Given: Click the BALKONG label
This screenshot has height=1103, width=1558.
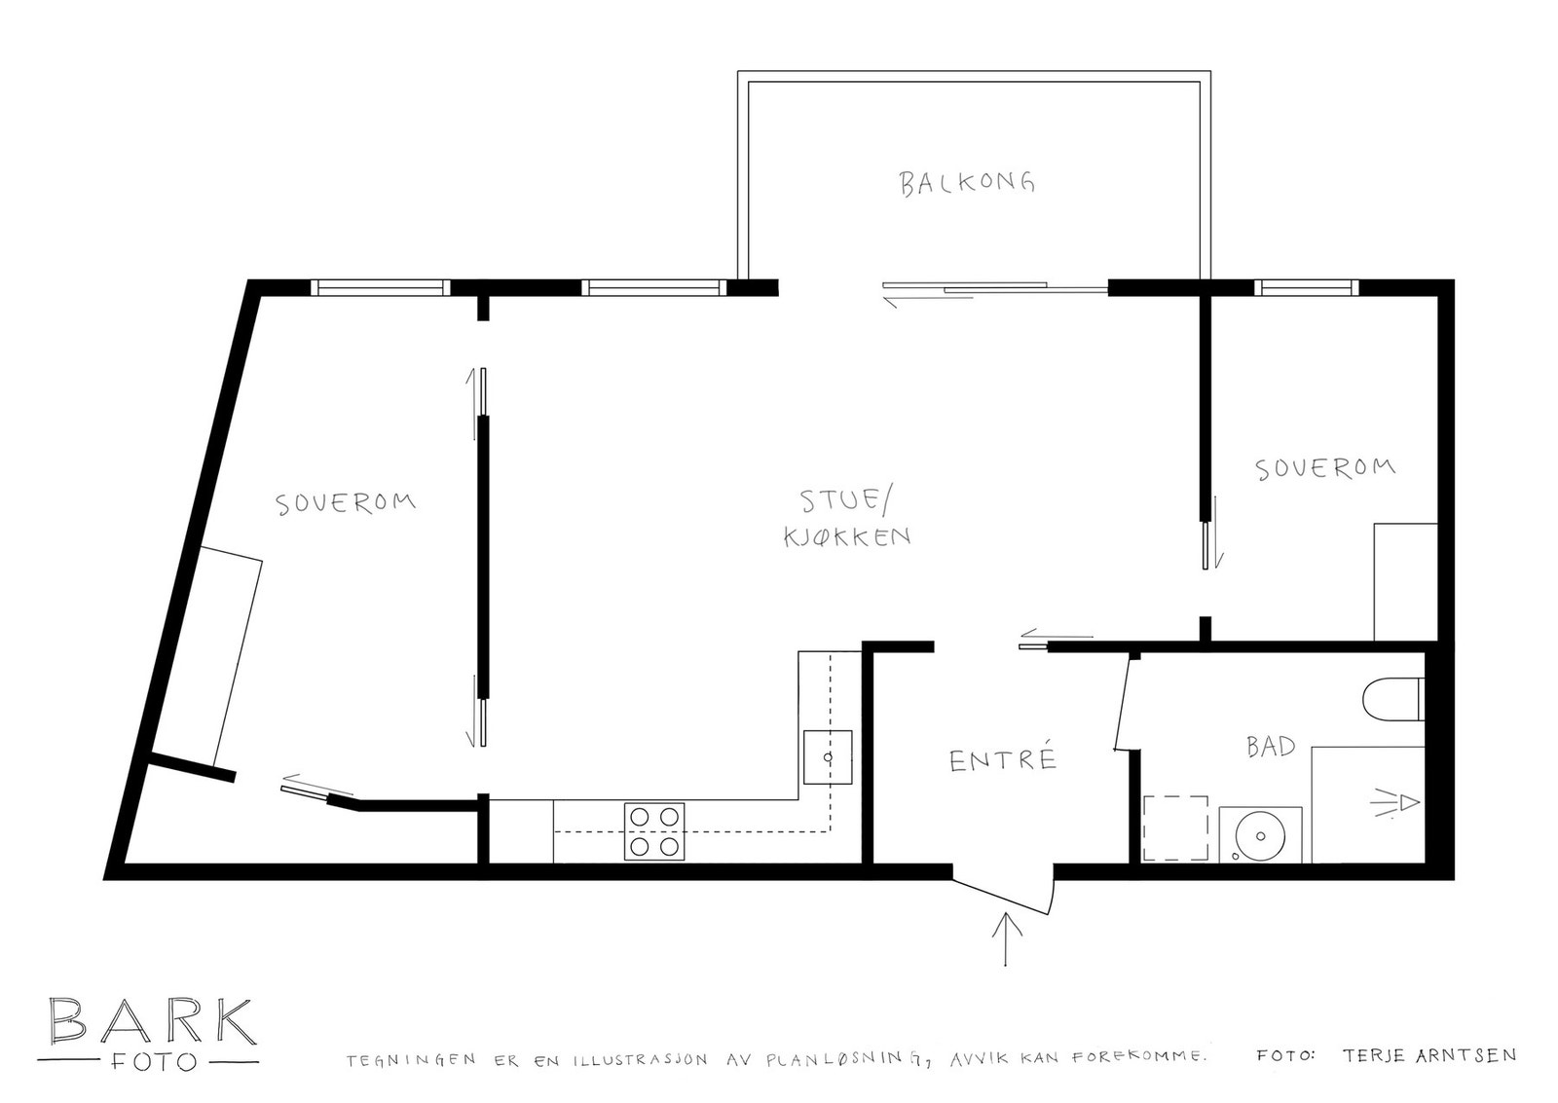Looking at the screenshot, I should coord(966,182).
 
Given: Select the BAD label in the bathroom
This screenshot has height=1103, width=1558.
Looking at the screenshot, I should coord(1271,747).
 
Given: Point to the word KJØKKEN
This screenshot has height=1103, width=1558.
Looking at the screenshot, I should coord(847,536).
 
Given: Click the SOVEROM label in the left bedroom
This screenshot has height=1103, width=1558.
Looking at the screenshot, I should coord(346,503).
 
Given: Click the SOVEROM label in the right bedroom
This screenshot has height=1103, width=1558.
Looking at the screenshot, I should coord(1324,468).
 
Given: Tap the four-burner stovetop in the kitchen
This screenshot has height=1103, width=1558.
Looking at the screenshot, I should coord(654,831).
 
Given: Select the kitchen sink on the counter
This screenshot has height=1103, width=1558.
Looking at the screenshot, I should coord(828,757).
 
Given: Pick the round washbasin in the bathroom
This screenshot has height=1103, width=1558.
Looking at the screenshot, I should coord(1261,835).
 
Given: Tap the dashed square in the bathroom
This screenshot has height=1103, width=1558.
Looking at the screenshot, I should coord(1174,827).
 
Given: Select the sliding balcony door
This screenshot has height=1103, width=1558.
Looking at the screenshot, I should coord(993,288).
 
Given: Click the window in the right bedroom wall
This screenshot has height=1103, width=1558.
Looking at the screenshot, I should coord(1306,287).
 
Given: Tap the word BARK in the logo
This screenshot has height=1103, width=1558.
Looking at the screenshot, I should coord(152,1021).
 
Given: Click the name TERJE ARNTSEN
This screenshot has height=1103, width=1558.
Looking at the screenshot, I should coord(1428,1055).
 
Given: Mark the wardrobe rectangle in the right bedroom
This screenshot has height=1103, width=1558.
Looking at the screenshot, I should coord(1405,582).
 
